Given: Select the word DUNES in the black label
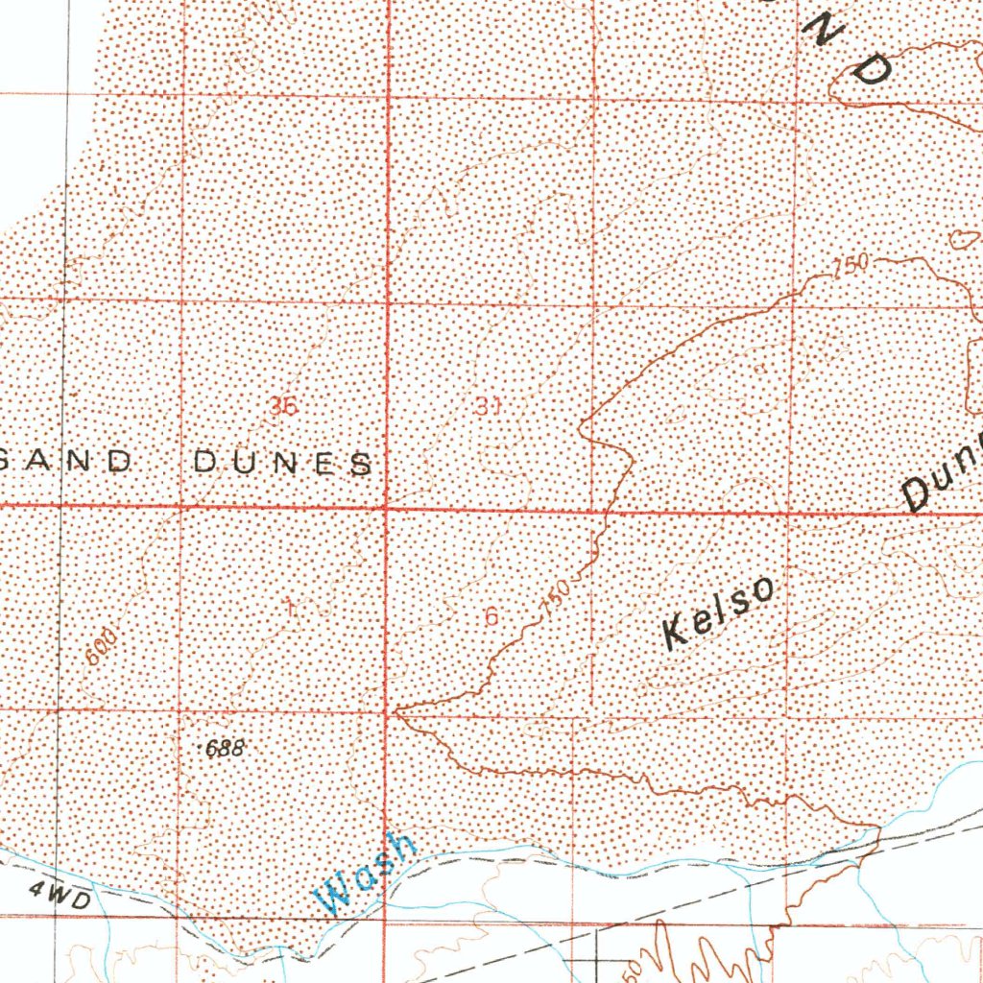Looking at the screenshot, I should (x=283, y=464).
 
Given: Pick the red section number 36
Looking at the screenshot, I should (x=283, y=406).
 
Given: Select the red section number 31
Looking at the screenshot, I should (x=488, y=406).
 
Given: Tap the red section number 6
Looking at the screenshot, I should (x=491, y=616).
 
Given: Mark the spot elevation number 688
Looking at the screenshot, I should (x=226, y=749).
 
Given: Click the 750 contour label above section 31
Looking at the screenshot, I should (x=851, y=264).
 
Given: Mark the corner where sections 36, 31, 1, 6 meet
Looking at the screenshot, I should (x=387, y=508).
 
